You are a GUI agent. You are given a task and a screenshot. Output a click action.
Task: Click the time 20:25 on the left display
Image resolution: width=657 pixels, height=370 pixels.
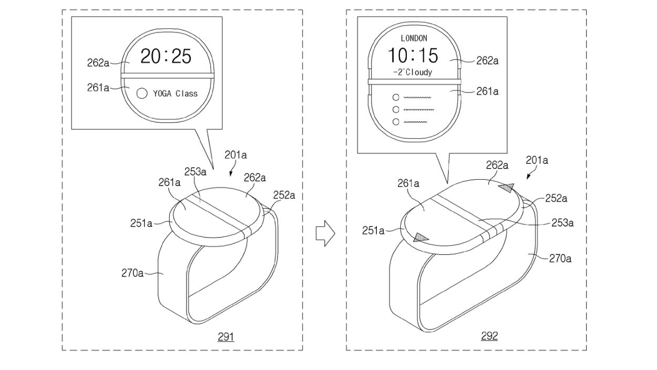click(x=166, y=56)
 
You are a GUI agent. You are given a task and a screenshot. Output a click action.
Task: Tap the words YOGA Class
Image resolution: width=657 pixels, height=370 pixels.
click(x=175, y=94)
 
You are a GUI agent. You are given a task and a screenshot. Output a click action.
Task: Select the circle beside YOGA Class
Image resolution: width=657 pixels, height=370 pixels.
click(x=141, y=94)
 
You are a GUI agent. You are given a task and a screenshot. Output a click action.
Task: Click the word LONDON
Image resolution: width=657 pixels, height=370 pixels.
click(x=414, y=38)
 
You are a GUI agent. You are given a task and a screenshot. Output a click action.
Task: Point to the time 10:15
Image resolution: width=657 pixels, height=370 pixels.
click(x=413, y=55)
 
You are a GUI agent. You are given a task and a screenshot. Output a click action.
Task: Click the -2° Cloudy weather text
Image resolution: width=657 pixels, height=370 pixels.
click(x=413, y=72)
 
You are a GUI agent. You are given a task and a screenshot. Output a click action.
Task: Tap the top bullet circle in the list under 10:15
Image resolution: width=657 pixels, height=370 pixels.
click(x=395, y=97)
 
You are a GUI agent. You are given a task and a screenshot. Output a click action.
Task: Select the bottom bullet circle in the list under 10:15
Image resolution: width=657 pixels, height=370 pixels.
click(x=395, y=122)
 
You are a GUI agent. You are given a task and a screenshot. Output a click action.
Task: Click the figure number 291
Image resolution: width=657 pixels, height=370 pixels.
click(x=225, y=336)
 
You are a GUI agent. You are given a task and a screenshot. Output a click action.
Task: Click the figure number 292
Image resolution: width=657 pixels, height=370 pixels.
click(x=489, y=336)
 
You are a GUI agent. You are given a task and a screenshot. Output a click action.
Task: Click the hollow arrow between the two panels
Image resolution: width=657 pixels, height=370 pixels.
click(x=325, y=233)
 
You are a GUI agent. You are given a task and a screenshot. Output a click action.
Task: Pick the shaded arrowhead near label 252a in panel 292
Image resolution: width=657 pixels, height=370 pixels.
click(x=507, y=188)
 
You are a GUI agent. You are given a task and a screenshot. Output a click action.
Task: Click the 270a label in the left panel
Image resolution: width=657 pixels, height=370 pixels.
click(x=132, y=273)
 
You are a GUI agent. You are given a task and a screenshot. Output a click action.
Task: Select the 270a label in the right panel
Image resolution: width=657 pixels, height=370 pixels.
click(x=560, y=258)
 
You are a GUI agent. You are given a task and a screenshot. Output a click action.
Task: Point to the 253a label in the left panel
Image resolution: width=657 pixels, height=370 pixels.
click(x=195, y=172)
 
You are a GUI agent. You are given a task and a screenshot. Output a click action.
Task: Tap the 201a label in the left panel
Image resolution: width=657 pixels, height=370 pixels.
click(x=235, y=155)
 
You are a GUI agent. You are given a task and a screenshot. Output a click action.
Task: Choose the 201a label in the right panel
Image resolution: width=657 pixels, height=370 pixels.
click(x=537, y=160)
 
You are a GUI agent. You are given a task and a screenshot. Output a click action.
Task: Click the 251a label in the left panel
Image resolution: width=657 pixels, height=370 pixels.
click(x=141, y=223)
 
